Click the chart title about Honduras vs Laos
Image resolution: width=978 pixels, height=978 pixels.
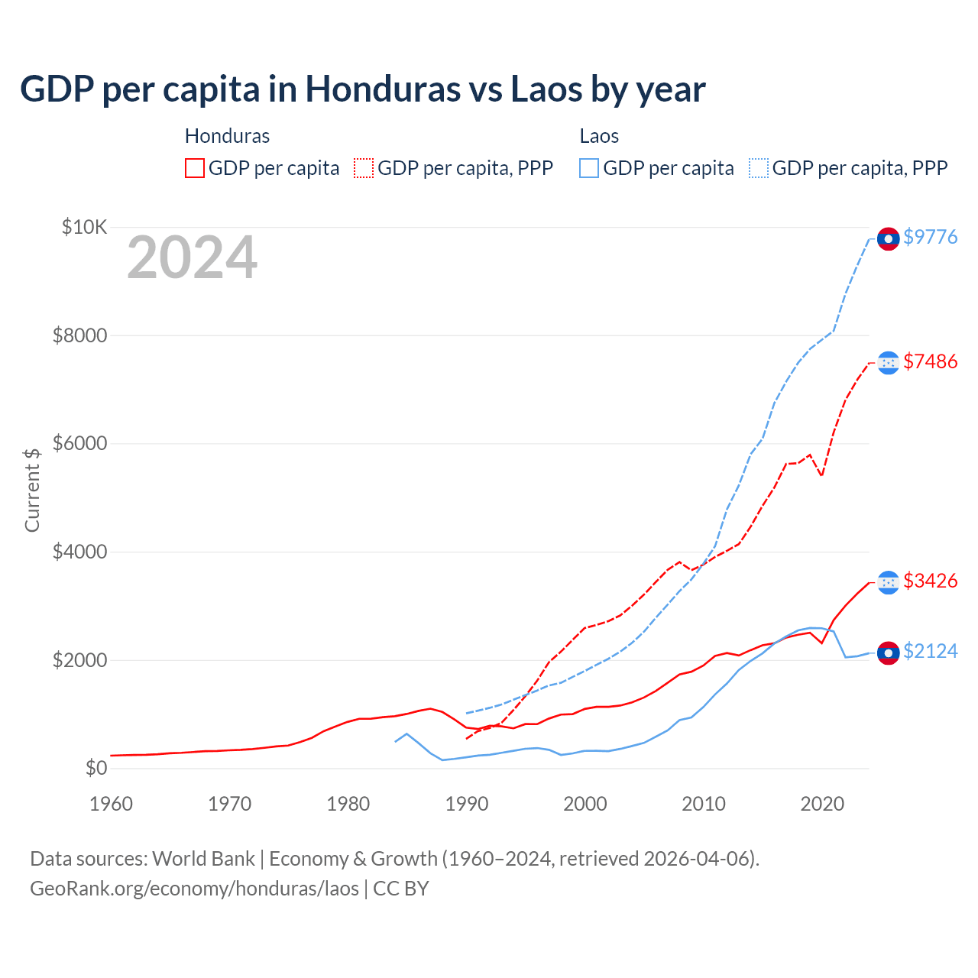point(362,89)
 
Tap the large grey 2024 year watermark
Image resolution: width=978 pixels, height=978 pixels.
point(192,258)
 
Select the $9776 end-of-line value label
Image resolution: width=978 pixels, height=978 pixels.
point(930,237)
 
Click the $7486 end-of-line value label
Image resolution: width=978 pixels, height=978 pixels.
point(930,361)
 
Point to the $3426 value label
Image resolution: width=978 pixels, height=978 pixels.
point(930,581)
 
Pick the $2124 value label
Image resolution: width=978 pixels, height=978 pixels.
point(930,651)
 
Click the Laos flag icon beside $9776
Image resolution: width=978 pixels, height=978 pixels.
point(888,239)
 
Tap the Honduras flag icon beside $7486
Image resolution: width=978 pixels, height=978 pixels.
point(888,363)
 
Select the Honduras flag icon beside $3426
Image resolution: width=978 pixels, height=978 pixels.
point(888,583)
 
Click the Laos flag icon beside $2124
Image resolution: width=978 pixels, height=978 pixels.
point(888,653)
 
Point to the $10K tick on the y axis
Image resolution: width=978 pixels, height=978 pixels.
point(85,227)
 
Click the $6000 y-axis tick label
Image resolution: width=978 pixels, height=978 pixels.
point(79,444)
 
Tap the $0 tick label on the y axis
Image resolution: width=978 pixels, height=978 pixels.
point(96,768)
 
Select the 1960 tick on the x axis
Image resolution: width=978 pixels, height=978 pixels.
point(112,804)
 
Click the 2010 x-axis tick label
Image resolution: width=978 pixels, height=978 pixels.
point(704,804)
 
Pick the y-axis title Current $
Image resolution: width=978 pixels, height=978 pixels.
point(32,490)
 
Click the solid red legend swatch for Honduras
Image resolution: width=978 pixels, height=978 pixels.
point(195,168)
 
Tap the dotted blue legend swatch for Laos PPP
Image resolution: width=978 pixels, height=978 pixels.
point(759,168)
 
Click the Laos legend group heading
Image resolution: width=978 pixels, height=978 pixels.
point(599,136)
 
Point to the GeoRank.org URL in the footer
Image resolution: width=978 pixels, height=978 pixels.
point(194,889)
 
